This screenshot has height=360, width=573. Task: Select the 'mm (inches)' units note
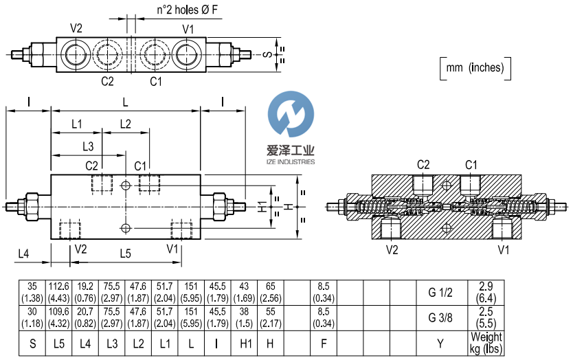[x=475, y=67]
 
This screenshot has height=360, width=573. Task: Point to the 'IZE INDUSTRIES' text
[x=290, y=162]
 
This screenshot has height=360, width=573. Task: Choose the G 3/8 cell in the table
[x=441, y=319]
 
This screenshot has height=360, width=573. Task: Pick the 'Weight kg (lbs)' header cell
[x=486, y=342]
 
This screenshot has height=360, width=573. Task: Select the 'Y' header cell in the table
[x=441, y=342]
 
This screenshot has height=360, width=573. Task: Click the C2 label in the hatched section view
[x=424, y=164]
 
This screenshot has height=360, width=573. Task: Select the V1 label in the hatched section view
[x=504, y=249]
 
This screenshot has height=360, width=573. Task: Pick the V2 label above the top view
[x=76, y=28]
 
